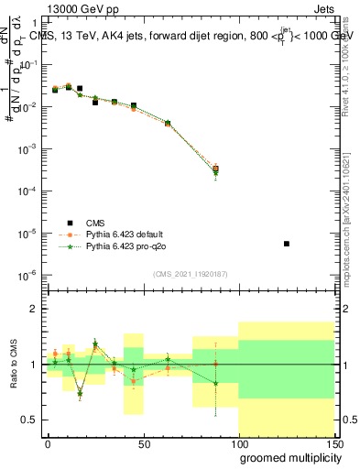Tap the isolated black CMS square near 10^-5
pos(287,244)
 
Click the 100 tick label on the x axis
pos(237,443)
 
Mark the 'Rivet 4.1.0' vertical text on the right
pos(351,64)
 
